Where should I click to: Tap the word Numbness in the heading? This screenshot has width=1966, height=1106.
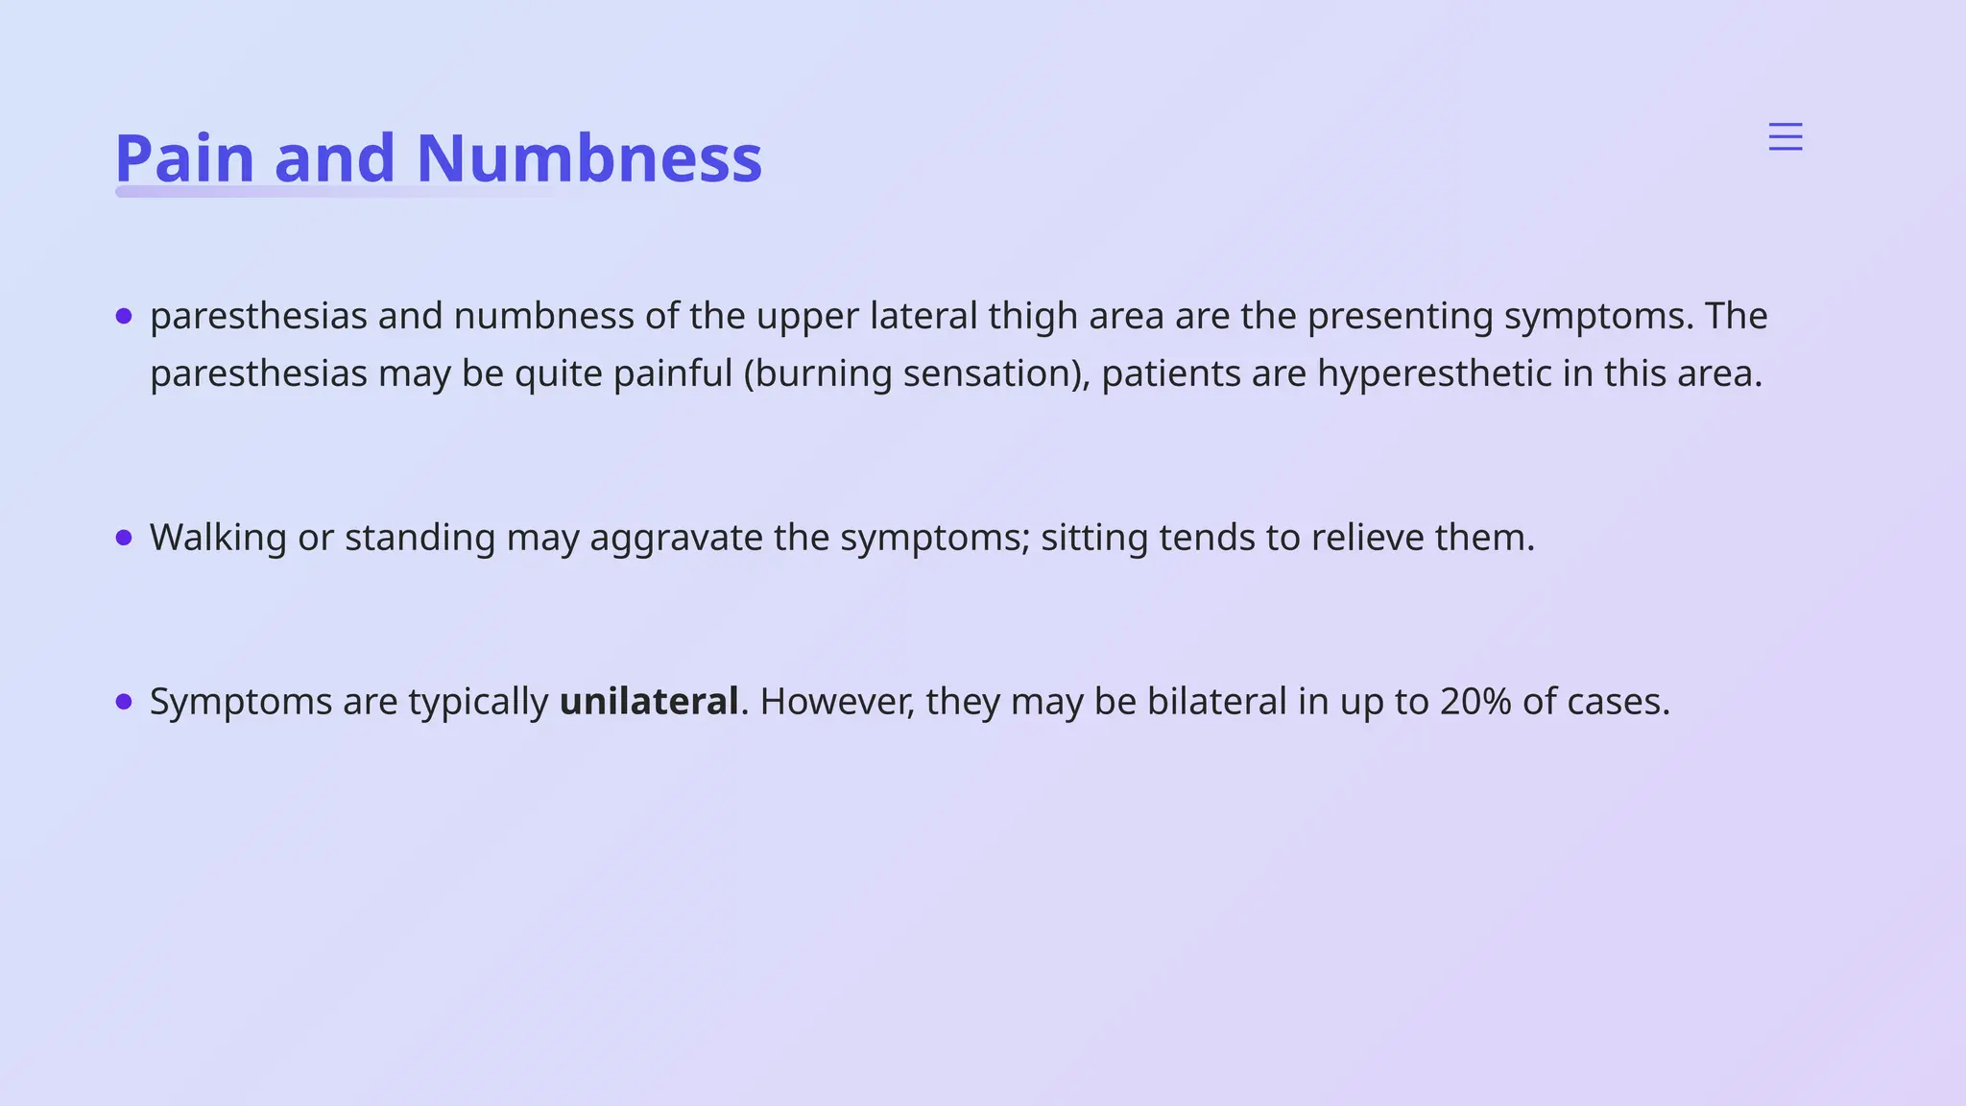(x=588, y=158)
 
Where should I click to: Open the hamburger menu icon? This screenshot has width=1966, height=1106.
(x=1786, y=137)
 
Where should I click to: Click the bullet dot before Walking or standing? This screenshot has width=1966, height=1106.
(x=124, y=538)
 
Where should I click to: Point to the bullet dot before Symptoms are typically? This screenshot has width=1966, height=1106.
(x=124, y=702)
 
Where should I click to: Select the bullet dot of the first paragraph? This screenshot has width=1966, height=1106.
(x=124, y=316)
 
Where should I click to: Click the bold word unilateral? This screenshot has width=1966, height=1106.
(x=649, y=702)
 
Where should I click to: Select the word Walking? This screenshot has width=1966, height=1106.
(x=218, y=538)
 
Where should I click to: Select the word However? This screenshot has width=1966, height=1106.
(x=837, y=702)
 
